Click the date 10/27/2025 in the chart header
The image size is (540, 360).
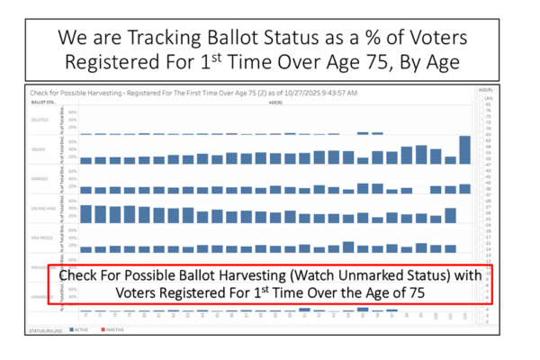point(264,93)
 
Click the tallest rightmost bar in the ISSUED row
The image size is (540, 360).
point(464,149)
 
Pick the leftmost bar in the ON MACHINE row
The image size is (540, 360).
point(87,214)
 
